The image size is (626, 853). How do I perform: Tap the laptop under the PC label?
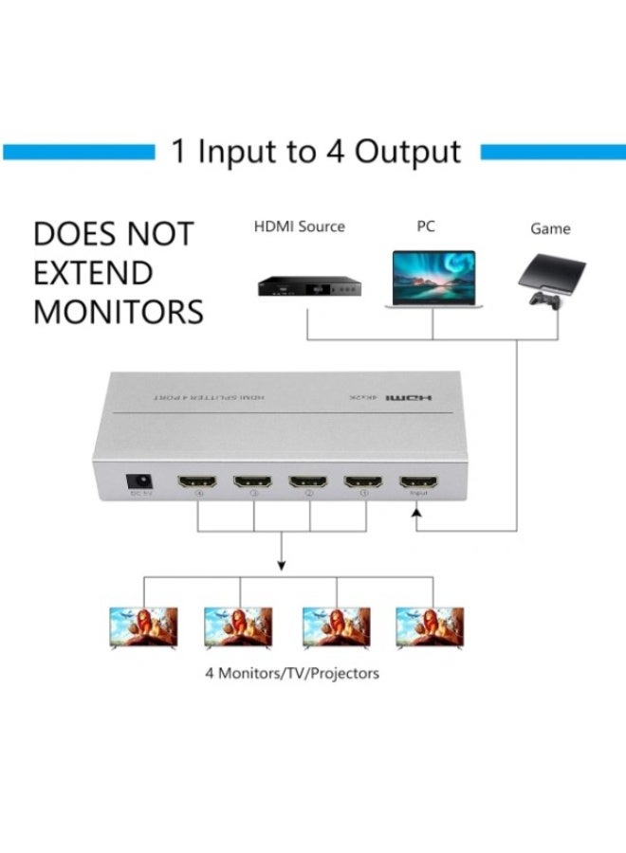[x=433, y=280]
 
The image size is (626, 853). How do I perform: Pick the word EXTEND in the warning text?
[x=93, y=273]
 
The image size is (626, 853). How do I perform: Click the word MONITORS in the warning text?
[x=119, y=312]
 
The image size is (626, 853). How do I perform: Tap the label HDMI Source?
[x=299, y=227]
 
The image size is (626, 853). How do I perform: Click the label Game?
[x=551, y=228]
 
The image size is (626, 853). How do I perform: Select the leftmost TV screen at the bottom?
[x=143, y=627]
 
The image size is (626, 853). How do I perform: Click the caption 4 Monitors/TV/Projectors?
[x=292, y=674]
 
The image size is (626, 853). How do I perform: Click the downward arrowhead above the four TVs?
[x=282, y=566]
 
